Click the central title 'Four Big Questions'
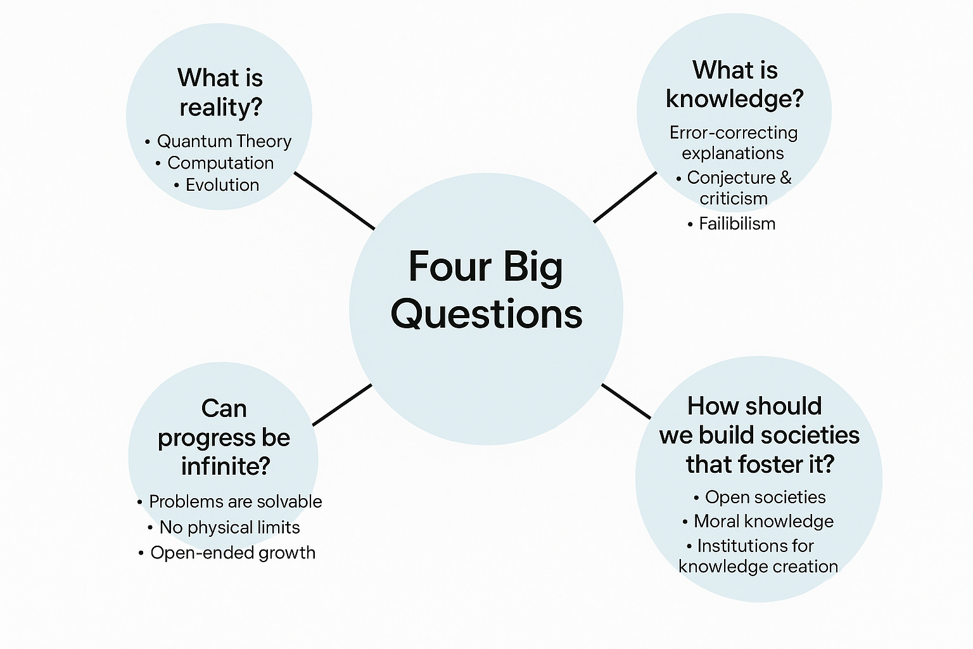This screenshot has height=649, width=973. (486, 290)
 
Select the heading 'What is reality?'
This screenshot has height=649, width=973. (220, 93)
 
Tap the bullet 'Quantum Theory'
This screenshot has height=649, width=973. (224, 141)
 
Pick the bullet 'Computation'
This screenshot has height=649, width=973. (220, 163)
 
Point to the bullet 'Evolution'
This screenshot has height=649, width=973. (222, 185)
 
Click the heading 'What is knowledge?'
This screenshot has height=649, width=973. (734, 84)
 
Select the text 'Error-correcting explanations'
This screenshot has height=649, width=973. (733, 143)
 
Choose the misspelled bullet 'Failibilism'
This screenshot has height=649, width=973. (736, 224)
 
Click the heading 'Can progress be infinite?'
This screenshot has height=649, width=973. (224, 437)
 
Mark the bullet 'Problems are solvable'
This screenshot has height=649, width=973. (235, 502)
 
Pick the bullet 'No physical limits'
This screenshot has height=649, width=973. (229, 527)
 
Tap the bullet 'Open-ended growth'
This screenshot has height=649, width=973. (232, 553)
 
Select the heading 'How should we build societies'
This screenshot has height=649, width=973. (759, 435)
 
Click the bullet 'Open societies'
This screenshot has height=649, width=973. (765, 498)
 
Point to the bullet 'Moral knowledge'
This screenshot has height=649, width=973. (763, 522)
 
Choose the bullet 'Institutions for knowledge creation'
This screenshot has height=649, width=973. (758, 556)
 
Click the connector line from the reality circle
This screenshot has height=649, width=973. (334, 200)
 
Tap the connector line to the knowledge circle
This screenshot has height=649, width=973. (625, 197)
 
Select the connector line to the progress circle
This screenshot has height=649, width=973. (342, 404)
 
